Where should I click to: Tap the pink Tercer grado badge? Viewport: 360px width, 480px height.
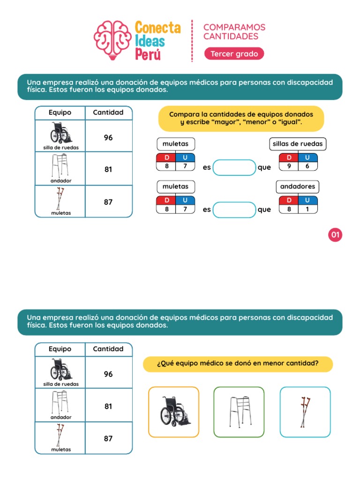[x=234, y=54]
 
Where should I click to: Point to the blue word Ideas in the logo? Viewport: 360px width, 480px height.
[x=150, y=41]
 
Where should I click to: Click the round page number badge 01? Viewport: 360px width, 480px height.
[x=336, y=235]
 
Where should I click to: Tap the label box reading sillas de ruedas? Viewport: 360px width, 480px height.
[x=298, y=144]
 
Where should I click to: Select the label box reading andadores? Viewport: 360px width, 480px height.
[x=298, y=187]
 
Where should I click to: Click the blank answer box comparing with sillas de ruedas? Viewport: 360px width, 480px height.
[x=234, y=167]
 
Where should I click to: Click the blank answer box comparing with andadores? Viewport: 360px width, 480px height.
[x=234, y=210]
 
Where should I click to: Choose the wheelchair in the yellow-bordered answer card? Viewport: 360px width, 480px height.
[x=174, y=411]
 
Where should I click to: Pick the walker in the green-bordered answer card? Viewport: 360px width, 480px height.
[x=239, y=411]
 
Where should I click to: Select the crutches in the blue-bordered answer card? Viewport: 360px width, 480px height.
[x=305, y=411]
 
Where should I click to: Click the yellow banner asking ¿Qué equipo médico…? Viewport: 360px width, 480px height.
[x=238, y=364]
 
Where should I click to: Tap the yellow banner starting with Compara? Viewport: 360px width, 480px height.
[x=241, y=118]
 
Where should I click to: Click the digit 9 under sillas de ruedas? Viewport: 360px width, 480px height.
[x=289, y=166]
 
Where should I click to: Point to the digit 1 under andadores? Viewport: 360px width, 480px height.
[x=307, y=209]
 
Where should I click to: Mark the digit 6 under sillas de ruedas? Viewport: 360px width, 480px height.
[x=307, y=166]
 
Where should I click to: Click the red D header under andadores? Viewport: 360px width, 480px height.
[x=289, y=201]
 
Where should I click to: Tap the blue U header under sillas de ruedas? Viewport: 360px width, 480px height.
[x=307, y=157]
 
